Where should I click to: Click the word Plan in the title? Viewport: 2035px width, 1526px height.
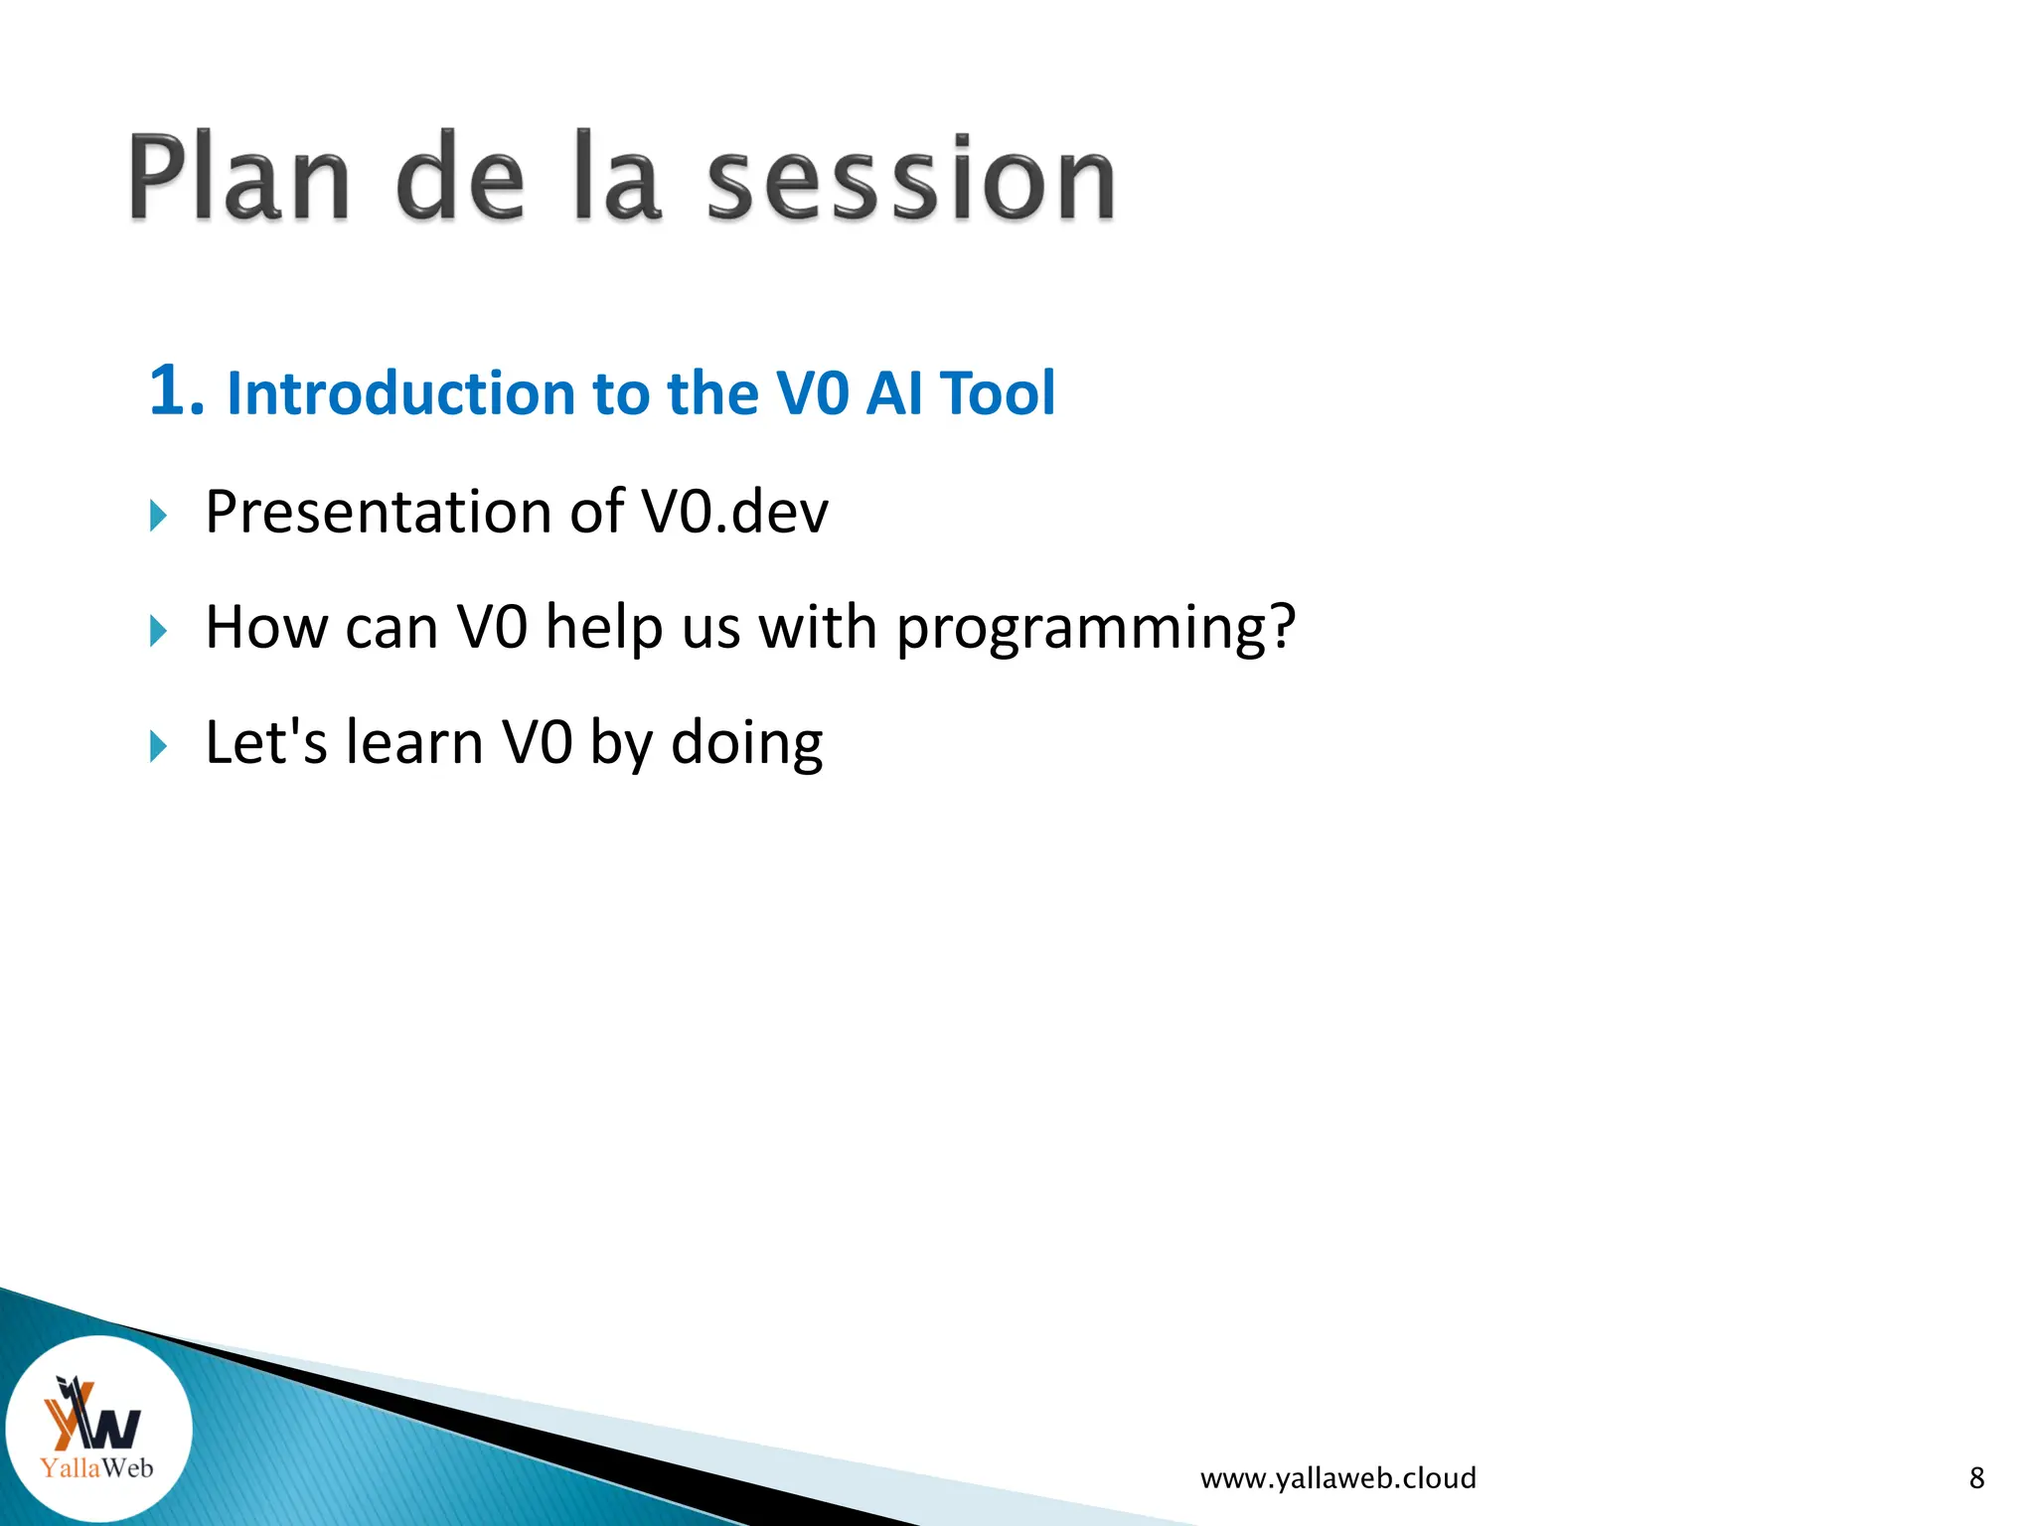238,179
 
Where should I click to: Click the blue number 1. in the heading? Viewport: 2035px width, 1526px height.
177,390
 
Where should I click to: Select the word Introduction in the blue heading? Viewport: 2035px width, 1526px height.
401,393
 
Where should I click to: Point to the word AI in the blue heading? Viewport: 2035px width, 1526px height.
893,393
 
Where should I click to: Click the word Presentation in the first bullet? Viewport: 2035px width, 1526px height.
379,513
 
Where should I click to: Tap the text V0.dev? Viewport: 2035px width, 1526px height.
734,513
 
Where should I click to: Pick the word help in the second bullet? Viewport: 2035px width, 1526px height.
603,628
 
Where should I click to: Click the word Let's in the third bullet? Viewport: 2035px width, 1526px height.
265,743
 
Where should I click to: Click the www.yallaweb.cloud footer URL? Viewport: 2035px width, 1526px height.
1337,1478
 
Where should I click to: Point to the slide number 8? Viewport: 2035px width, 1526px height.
1976,1478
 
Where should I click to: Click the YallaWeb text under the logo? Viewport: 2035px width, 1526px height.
97,1467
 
